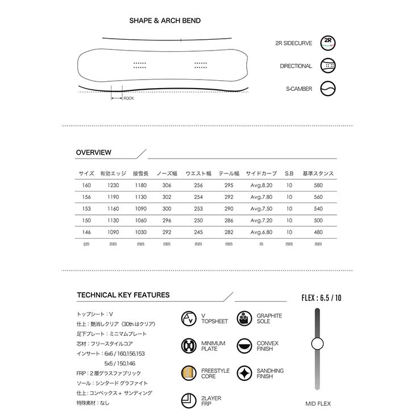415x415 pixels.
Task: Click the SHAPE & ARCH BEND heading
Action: (165, 21)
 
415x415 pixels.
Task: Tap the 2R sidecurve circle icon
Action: (328, 43)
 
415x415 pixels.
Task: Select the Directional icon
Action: (328, 66)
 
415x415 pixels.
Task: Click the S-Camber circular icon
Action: (328, 89)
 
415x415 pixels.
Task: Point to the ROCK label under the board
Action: (128, 98)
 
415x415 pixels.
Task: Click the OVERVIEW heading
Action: (94, 152)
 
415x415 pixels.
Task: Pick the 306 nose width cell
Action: (167, 185)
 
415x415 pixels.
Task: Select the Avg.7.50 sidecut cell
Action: (262, 209)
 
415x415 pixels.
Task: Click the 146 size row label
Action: (86, 231)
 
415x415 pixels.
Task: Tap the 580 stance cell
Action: (318, 185)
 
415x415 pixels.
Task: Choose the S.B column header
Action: (289, 173)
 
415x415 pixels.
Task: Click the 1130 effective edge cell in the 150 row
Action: (113, 220)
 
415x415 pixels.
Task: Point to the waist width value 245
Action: (198, 231)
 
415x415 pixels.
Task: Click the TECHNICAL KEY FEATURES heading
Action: (123, 295)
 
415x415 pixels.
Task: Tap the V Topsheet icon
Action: (189, 318)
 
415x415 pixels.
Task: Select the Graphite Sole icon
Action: (244, 318)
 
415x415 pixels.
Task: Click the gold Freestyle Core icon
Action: (189, 374)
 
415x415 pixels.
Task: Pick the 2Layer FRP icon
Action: (189, 401)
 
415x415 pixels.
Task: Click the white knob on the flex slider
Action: (317, 343)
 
